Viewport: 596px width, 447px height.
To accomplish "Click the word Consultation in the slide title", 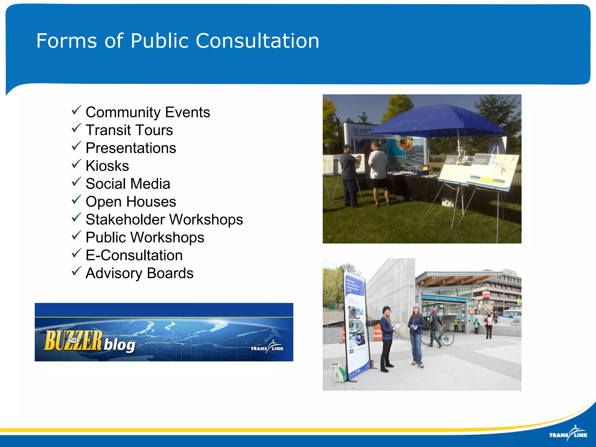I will tap(257, 41).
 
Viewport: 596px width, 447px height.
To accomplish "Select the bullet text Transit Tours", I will tap(129, 130).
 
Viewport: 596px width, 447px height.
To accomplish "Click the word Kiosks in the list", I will tap(107, 166).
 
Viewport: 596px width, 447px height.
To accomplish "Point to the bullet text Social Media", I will tap(128, 184).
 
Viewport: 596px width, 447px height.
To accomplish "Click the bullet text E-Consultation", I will tap(134, 255).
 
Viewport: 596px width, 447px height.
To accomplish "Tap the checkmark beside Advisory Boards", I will tap(76, 271).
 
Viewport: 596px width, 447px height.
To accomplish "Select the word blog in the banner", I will tap(120, 345).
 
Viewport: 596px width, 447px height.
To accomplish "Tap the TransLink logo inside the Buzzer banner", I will tap(267, 347).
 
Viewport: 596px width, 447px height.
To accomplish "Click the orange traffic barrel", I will tap(377, 332).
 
